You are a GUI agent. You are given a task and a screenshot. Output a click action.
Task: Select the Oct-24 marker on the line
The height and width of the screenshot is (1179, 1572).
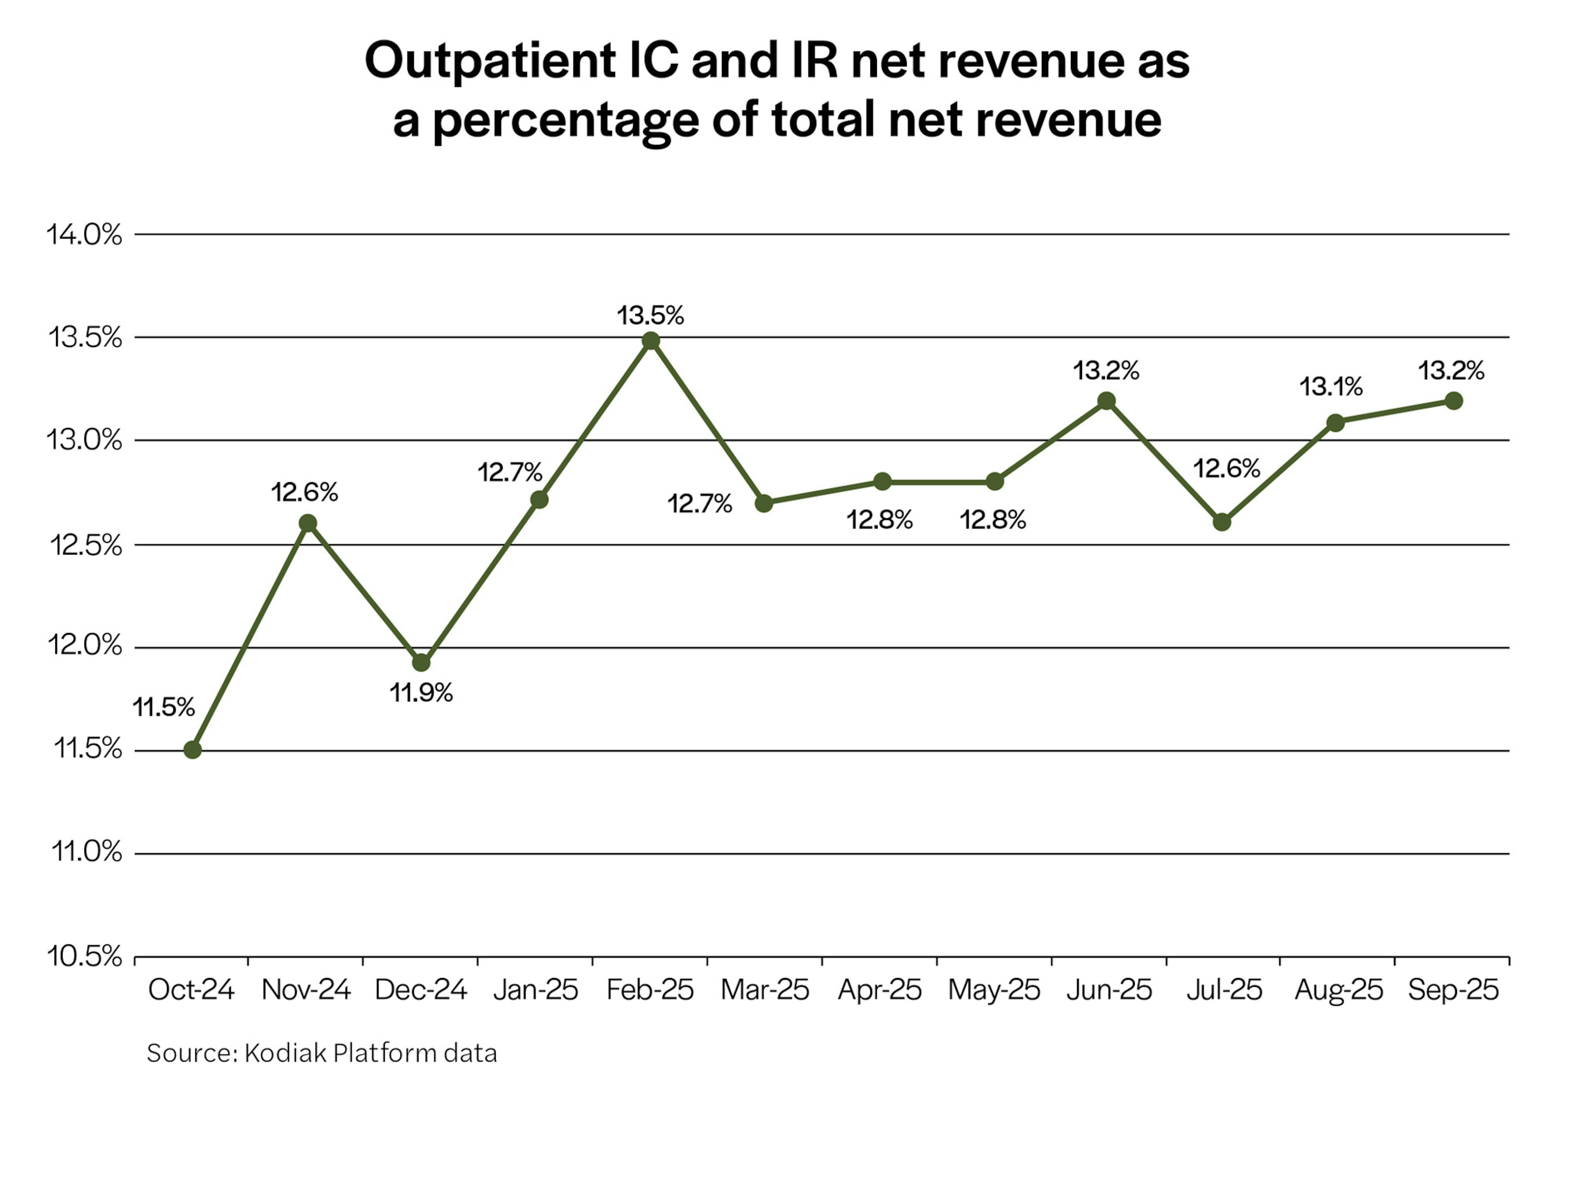click(x=192, y=750)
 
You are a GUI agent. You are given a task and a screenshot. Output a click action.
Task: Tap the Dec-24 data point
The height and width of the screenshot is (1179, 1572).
click(x=421, y=662)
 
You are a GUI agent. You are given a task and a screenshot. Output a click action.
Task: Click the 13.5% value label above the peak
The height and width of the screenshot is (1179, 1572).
click(x=650, y=315)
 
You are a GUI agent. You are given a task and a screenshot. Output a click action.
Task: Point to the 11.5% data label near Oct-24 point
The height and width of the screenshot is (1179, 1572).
click(x=163, y=707)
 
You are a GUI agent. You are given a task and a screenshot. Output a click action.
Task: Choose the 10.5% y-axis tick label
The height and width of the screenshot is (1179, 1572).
click(x=84, y=957)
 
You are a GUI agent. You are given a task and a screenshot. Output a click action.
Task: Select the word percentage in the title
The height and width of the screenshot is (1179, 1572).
click(x=566, y=121)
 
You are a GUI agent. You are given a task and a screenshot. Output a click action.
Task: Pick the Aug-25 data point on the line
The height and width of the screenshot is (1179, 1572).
click(x=1335, y=423)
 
